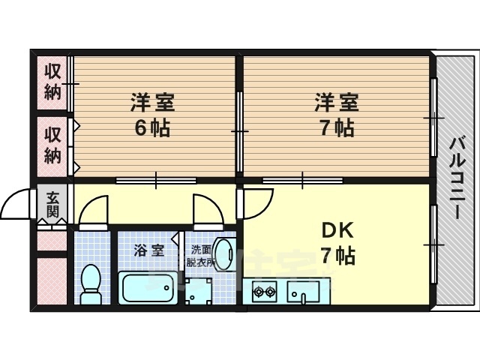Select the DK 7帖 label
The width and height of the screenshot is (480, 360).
(337, 243)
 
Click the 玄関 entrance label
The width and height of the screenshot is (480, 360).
(52, 204)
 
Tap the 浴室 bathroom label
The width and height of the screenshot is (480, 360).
(149, 251)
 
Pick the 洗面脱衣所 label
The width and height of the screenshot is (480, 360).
(201, 256)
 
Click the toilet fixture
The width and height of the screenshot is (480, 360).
(91, 283)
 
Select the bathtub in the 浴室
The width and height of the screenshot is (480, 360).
(148, 287)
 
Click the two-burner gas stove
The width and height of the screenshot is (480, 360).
(264, 292)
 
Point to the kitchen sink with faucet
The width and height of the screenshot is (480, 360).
(303, 292)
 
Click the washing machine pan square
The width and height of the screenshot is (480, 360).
(199, 291)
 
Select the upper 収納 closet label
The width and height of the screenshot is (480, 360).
(52, 82)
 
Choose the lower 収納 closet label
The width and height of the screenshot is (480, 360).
(52, 145)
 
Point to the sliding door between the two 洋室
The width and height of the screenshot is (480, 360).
(240, 131)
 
